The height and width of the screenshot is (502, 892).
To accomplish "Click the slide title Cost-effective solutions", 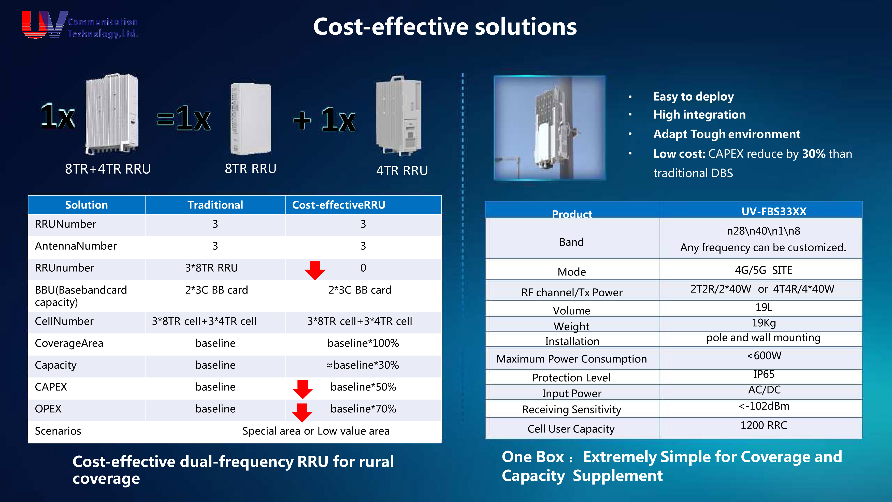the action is click(445, 27).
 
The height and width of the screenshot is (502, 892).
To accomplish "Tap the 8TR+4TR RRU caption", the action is click(108, 169).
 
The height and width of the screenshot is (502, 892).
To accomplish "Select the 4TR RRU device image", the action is click(399, 116).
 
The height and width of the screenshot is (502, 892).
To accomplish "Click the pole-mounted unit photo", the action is click(550, 128).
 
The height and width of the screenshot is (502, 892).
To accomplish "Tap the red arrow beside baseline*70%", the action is click(302, 413).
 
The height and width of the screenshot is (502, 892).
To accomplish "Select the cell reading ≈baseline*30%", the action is click(363, 365).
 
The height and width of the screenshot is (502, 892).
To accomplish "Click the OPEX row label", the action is click(48, 409).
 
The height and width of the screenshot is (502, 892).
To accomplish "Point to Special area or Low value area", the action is click(316, 431).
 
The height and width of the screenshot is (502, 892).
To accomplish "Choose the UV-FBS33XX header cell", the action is click(774, 211).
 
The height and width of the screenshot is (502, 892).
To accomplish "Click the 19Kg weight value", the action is click(764, 323).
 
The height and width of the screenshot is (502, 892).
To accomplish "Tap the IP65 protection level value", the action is click(764, 374).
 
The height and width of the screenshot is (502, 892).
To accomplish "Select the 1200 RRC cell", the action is click(764, 425).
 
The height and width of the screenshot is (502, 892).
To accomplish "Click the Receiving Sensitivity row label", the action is click(572, 410).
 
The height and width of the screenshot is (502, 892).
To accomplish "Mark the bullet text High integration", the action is click(699, 115).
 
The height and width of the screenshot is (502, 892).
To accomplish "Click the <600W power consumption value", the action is click(764, 355).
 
